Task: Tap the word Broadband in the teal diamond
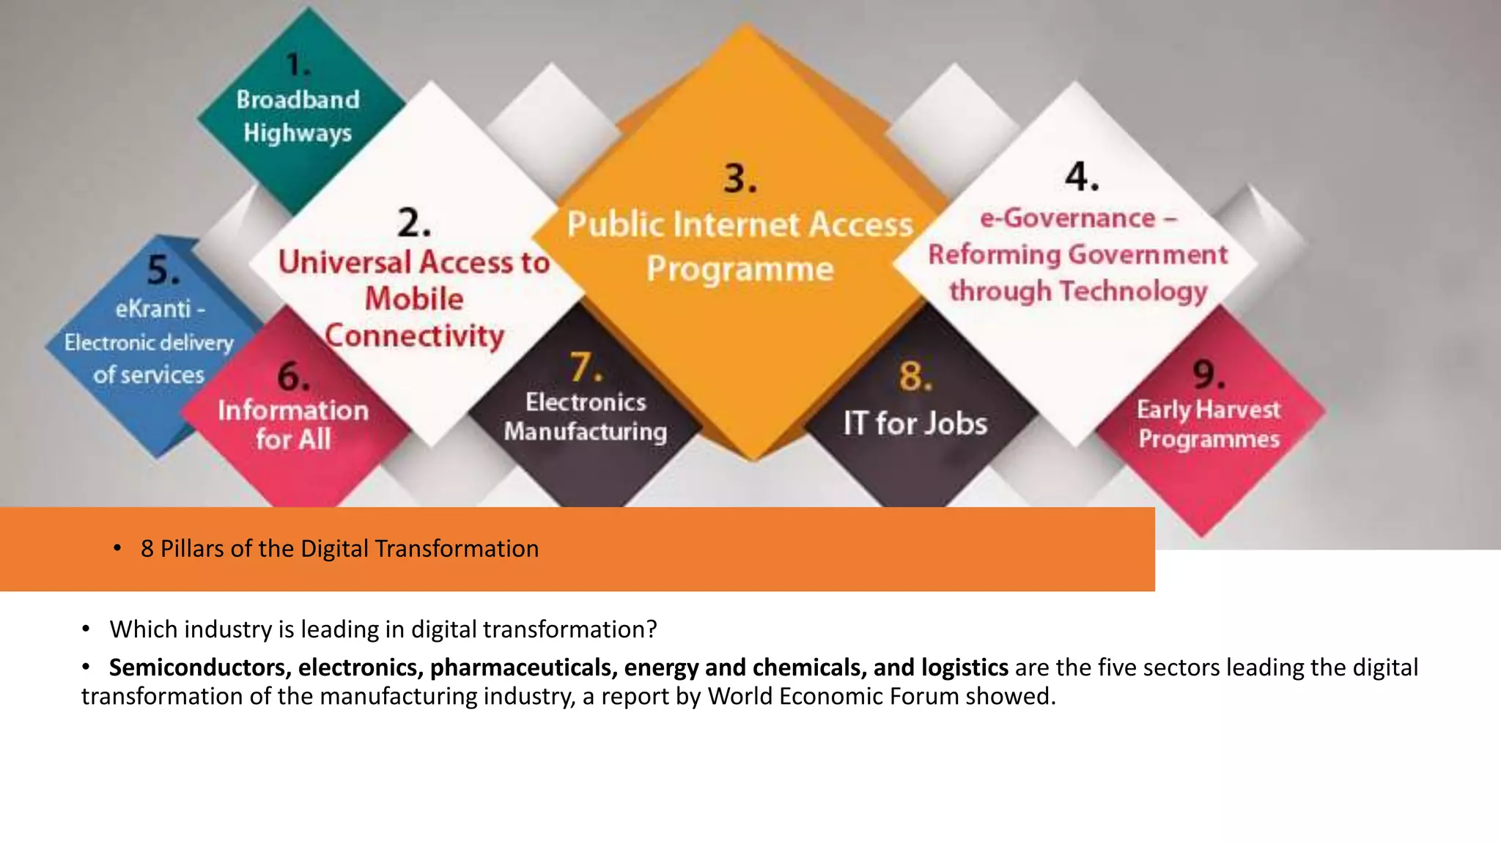coord(298,100)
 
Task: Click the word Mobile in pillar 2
coord(414,299)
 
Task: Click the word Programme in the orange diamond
coord(740,270)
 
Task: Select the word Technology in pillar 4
coord(1133,292)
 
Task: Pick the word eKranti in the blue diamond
coord(152,309)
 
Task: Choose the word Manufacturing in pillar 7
coord(585,432)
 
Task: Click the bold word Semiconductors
coord(200,667)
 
